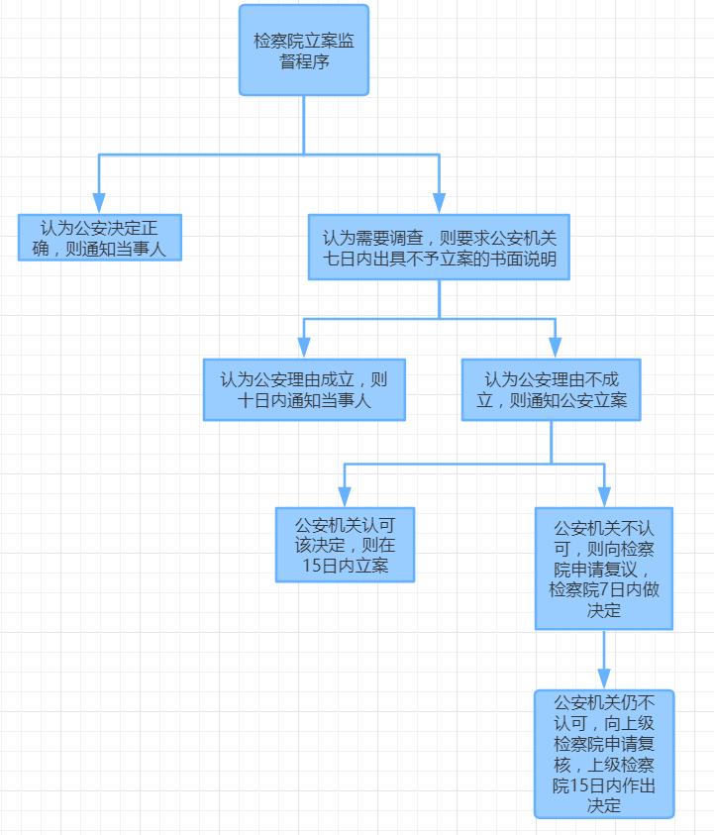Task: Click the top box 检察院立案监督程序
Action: pyautogui.click(x=304, y=51)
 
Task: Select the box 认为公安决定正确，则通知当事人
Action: pyautogui.click(x=100, y=237)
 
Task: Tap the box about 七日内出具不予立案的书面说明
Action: pyautogui.click(x=439, y=248)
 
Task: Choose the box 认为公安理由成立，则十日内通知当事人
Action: pyautogui.click(x=304, y=389)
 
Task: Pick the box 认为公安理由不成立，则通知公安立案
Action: pyautogui.click(x=551, y=389)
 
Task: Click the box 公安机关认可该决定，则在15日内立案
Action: pyautogui.click(x=345, y=545)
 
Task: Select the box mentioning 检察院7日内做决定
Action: pyautogui.click(x=604, y=569)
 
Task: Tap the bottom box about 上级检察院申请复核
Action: pyautogui.click(x=604, y=753)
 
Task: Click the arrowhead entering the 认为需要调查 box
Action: pyautogui.click(x=439, y=203)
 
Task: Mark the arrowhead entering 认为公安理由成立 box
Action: pyautogui.click(x=304, y=348)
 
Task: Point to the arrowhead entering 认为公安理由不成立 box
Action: pyautogui.click(x=555, y=348)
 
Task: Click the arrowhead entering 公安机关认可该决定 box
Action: pyautogui.click(x=345, y=497)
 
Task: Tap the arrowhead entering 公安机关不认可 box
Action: pyautogui.click(x=604, y=497)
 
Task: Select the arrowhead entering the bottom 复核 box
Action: pyautogui.click(x=604, y=679)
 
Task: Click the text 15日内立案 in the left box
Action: pyautogui.click(x=345, y=567)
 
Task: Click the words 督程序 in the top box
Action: pyautogui.click(x=304, y=61)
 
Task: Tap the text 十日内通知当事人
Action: pyautogui.click(x=304, y=401)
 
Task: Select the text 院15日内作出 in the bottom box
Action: pyautogui.click(x=604, y=785)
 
